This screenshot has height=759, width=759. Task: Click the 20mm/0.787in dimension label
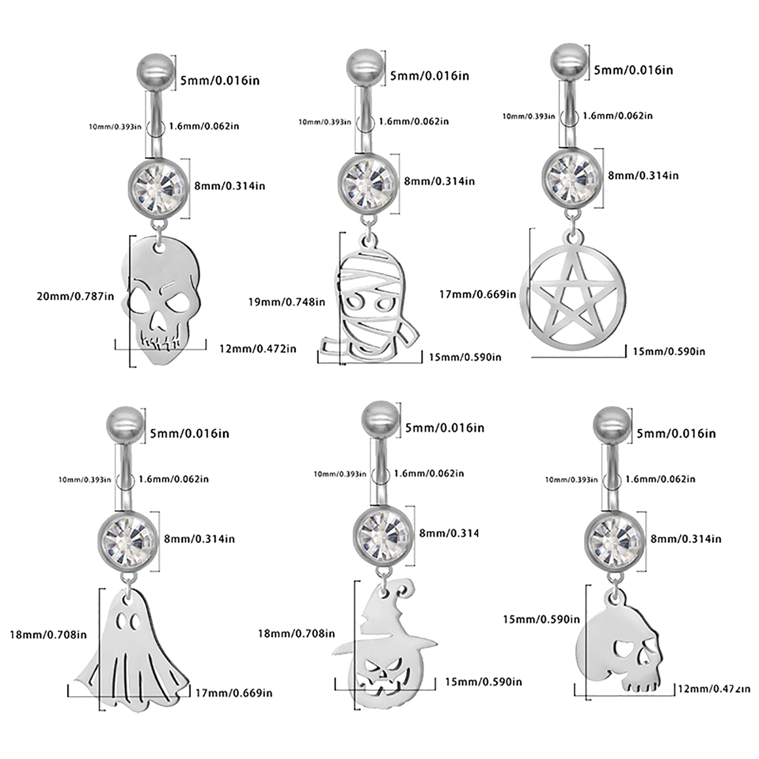[x=75, y=296]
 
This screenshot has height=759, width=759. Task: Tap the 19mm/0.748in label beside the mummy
[x=287, y=302]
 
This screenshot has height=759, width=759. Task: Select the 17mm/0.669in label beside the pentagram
[x=477, y=295]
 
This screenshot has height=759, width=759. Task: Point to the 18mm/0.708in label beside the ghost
[x=48, y=635]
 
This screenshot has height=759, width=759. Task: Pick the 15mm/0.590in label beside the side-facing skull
[x=541, y=620]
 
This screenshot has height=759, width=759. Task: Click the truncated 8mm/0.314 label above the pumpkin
[x=448, y=533]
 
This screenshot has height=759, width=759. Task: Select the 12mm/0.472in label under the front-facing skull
[x=258, y=349]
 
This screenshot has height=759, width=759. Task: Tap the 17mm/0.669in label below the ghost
[x=234, y=693]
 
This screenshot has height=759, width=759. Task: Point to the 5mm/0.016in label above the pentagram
[x=633, y=70]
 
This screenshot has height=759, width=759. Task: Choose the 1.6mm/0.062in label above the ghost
[x=174, y=479]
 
